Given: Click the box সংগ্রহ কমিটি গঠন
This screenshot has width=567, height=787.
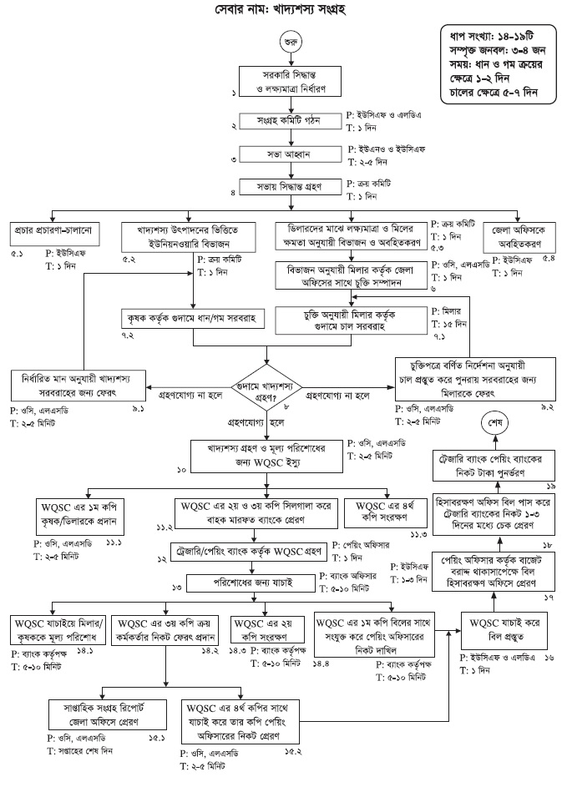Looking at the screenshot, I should tap(289, 122).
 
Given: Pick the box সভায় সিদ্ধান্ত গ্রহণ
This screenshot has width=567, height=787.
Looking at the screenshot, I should tap(289, 184).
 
